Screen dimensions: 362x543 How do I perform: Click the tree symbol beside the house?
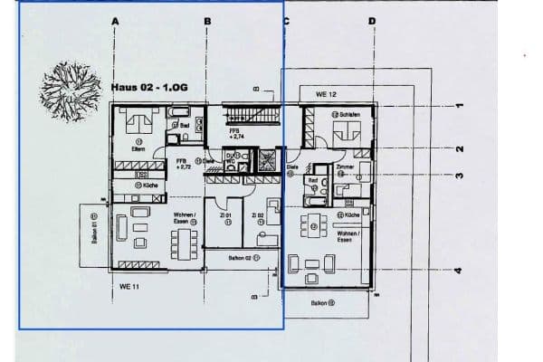[71, 89]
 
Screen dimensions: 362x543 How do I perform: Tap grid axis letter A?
[115, 19]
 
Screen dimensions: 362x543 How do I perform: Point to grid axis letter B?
[206, 19]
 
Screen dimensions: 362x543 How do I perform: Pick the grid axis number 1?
[459, 106]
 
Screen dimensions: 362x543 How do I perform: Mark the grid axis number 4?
[459, 271]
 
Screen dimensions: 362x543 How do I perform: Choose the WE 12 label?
[326, 94]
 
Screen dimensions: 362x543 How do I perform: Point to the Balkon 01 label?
[94, 228]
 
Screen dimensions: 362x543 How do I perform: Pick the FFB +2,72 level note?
[183, 164]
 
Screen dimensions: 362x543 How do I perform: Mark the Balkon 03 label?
[321, 303]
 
